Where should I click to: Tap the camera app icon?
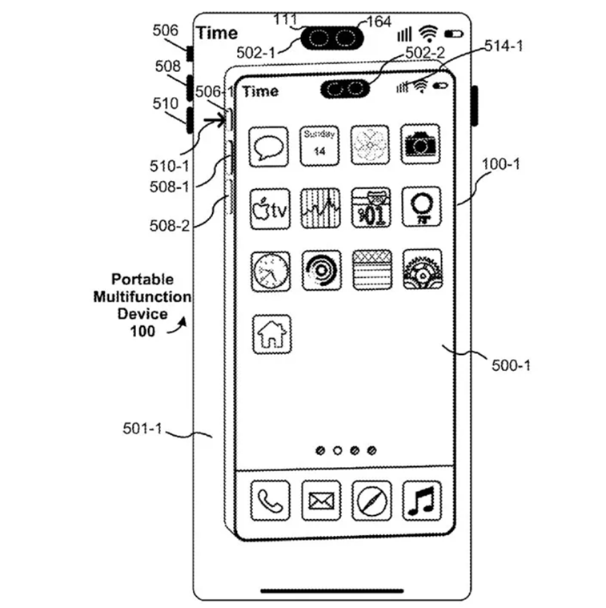coord(420,145)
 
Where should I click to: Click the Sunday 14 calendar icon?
coord(319,145)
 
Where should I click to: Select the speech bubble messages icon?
coord(269,146)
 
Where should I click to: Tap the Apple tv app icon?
coord(269,208)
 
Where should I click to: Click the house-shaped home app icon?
coord(271,334)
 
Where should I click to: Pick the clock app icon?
coord(269,271)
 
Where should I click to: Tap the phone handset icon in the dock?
coord(269,501)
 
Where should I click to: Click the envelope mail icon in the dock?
coord(320,501)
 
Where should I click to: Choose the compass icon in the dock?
coord(371,501)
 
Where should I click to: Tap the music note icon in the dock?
coord(421,501)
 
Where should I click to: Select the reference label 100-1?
coord(500,164)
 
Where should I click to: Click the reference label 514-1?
coord(504,47)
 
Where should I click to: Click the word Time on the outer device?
coord(217,33)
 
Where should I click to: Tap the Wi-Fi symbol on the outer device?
coord(429,33)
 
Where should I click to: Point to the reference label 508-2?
coord(169,225)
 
